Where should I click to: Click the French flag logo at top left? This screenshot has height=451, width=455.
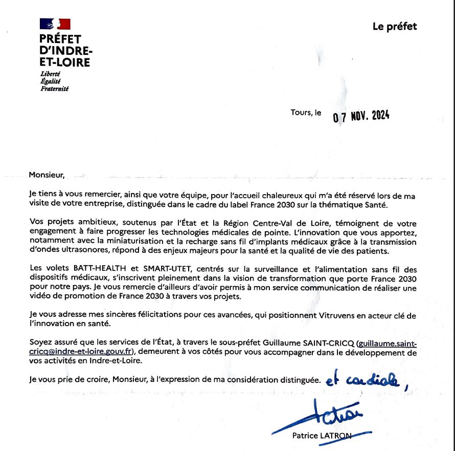coord(55,24)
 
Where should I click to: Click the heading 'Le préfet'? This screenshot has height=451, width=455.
coord(395,27)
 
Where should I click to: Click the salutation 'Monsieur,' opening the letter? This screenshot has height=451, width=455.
coord(47,175)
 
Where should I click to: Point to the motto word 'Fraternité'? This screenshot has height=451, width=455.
coord(54,88)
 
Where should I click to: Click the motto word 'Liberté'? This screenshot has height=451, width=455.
coord(50,74)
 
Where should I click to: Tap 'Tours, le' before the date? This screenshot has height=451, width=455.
coord(306,113)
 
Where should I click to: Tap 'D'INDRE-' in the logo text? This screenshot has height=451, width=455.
coord(66,51)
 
